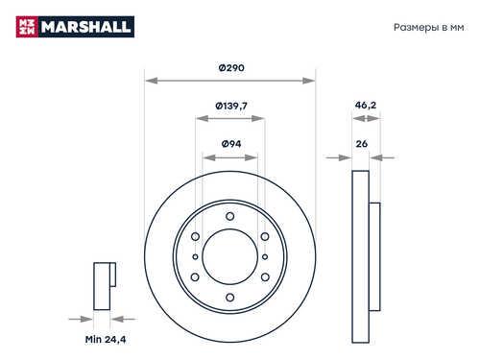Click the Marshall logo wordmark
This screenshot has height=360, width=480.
[85, 27]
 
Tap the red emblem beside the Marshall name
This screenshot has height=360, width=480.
[27, 27]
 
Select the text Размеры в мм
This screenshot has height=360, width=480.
[428, 28]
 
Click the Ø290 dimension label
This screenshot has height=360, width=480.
[231, 68]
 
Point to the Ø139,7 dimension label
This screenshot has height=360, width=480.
[231, 106]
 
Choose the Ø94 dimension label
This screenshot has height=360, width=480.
[231, 144]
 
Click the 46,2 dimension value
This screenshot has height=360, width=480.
[366, 105]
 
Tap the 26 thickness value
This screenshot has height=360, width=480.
[362, 144]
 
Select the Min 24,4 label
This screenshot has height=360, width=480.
[106, 339]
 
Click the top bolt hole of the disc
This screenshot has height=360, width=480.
[229, 216]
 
